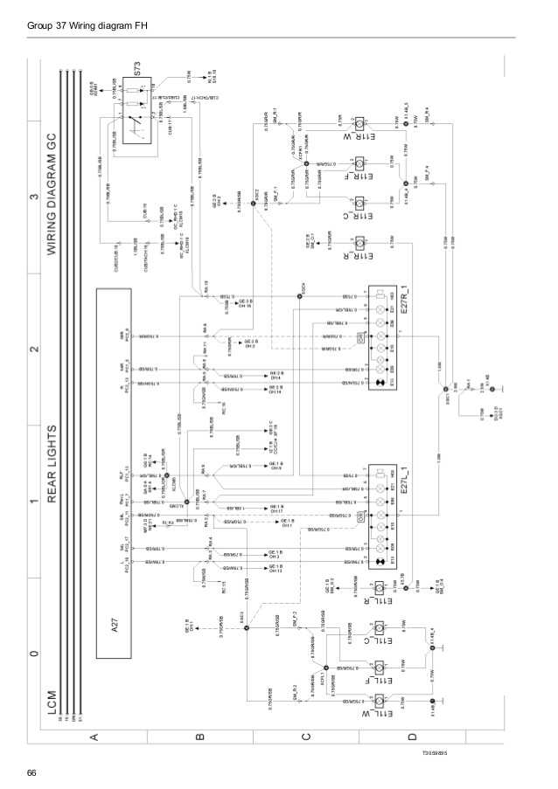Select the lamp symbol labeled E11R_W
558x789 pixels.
tap(359, 122)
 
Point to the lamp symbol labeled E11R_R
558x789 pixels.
tap(359, 243)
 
